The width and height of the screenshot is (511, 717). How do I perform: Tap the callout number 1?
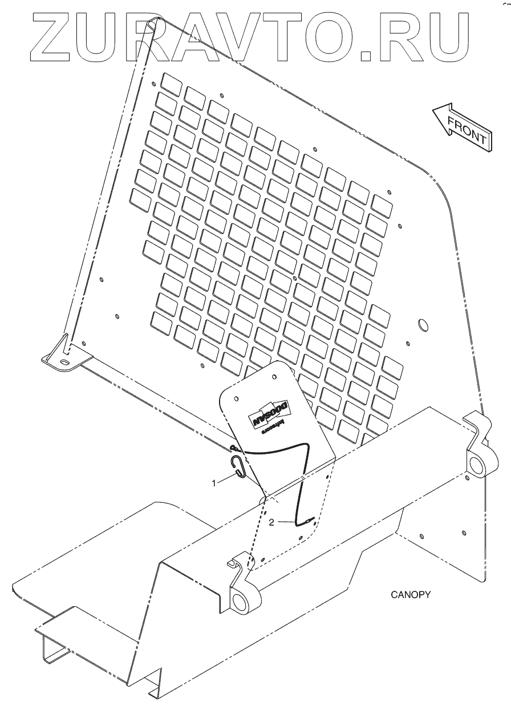coord(214,483)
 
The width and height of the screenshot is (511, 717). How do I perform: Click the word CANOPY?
coord(410,594)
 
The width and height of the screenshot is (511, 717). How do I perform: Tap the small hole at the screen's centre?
coord(294,278)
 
